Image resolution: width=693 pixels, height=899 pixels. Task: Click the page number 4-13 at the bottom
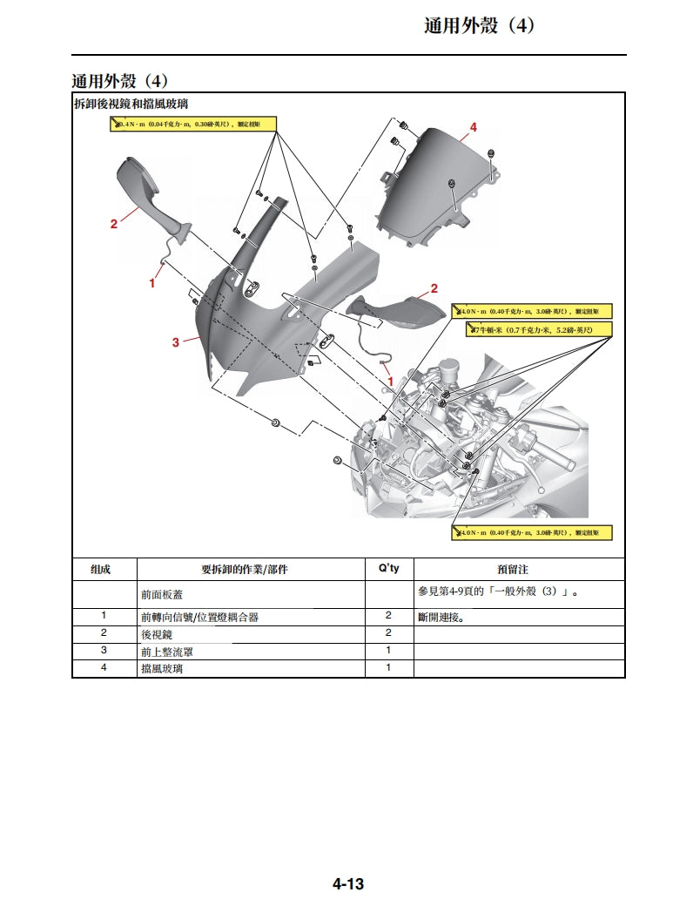(x=347, y=884)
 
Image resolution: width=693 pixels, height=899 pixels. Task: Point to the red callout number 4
(x=474, y=128)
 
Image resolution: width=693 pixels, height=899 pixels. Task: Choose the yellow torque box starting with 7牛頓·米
(x=539, y=330)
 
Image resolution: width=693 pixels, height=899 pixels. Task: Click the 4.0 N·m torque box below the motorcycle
(x=531, y=532)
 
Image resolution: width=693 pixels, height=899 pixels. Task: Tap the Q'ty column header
(x=389, y=569)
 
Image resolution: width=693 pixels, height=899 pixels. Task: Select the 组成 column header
(x=102, y=570)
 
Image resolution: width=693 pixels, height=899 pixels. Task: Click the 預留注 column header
(x=519, y=570)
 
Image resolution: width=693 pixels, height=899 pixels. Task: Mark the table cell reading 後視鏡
(x=157, y=635)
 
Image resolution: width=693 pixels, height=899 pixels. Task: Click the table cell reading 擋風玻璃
(x=162, y=668)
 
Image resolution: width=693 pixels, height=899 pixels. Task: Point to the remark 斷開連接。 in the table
(x=447, y=618)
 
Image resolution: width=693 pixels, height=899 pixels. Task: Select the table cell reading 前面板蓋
(x=162, y=594)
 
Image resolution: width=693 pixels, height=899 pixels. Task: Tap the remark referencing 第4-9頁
(x=499, y=593)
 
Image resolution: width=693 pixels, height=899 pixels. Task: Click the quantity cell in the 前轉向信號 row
(x=388, y=617)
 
